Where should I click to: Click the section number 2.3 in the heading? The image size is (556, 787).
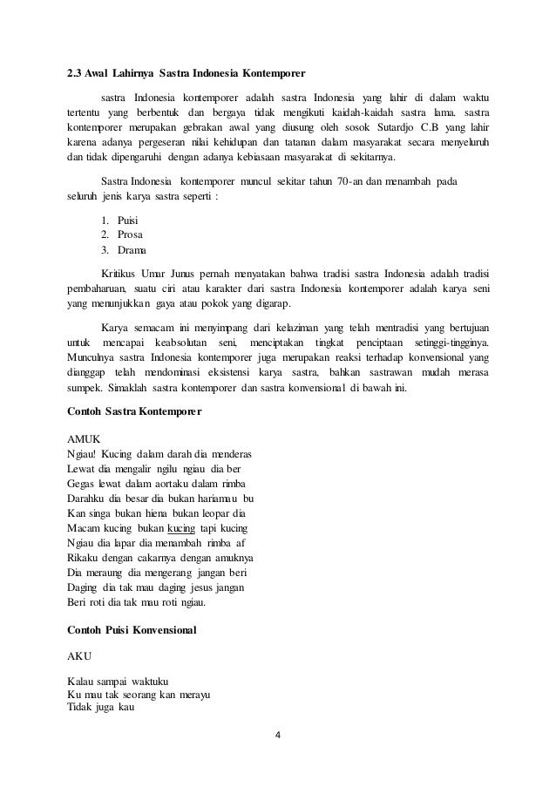point(77,71)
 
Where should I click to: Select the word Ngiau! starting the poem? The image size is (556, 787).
point(82,454)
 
